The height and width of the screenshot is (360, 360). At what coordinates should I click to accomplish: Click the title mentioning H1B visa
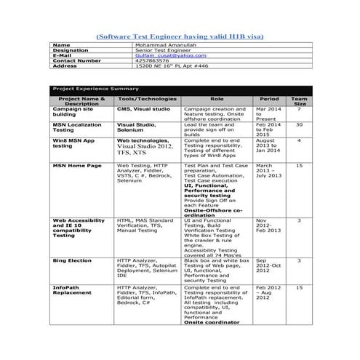[x=180, y=36]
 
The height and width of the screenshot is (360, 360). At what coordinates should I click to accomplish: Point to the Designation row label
[x=71, y=50]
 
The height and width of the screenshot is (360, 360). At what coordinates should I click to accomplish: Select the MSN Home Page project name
[x=76, y=166]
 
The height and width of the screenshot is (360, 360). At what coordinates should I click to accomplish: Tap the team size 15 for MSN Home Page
[x=299, y=166]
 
